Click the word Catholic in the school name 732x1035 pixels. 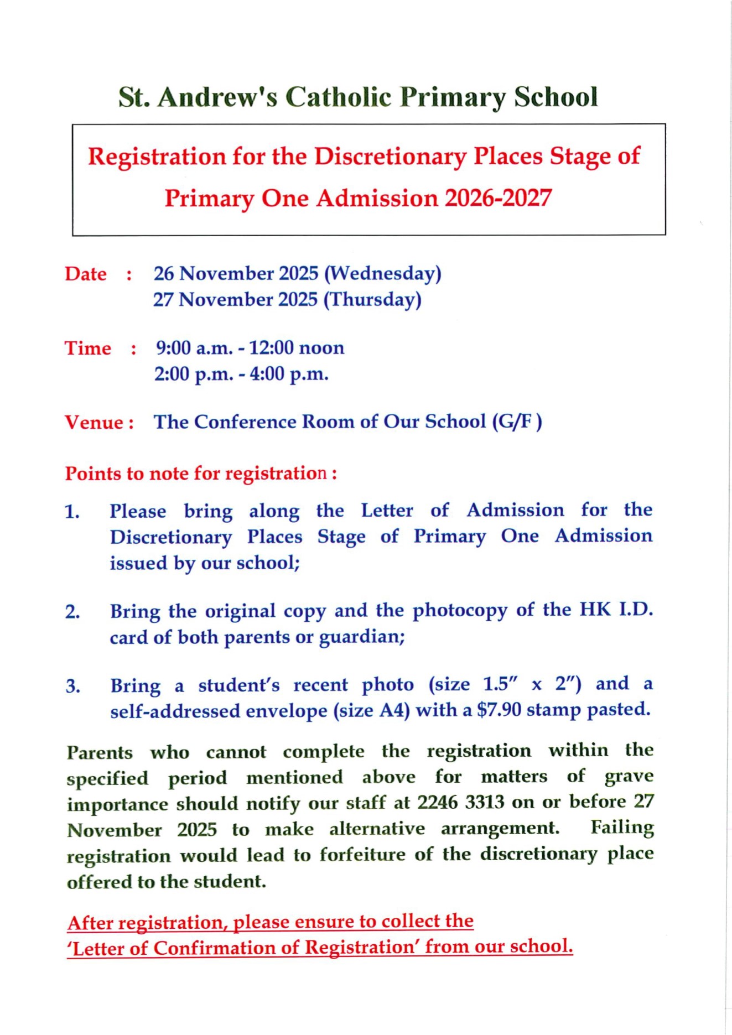tap(339, 97)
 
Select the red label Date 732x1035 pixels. tap(86, 274)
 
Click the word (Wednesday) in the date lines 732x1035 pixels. tap(382, 273)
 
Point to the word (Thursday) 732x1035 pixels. tap(372, 299)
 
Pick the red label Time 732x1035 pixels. tap(88, 349)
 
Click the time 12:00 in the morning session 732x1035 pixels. tap(271, 348)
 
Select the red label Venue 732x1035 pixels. tap(95, 422)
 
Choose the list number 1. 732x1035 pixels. tap(72, 512)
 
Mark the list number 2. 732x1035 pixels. tap(72, 612)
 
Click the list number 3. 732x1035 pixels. tap(72, 686)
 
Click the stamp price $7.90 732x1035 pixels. tap(499, 710)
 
